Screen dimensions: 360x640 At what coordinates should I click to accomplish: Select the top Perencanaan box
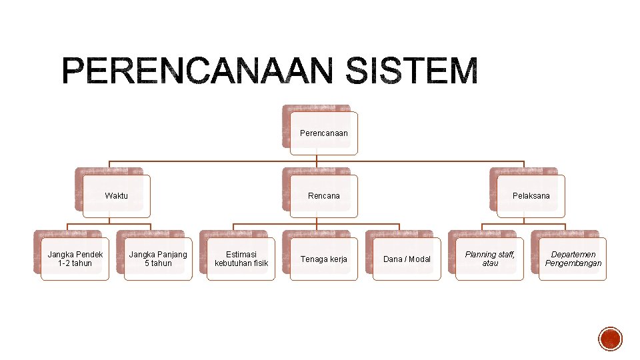pos(324,133)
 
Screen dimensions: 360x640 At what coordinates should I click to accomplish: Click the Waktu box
pos(116,196)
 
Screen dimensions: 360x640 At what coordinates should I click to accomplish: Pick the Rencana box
pos(324,196)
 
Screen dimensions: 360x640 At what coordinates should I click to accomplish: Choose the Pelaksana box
pos(531,196)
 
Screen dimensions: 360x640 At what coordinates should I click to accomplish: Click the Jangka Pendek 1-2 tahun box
pos(75,259)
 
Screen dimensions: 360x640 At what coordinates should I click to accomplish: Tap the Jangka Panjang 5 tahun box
pos(158,259)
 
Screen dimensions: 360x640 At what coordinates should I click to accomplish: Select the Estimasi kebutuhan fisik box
pos(241,259)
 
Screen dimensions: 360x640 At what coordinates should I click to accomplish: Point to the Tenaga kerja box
pos(324,259)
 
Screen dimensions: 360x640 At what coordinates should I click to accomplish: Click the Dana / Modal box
pos(407,259)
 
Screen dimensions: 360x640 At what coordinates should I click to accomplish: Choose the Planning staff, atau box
pos(490,259)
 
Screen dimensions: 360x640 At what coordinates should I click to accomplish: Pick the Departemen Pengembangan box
pos(573,259)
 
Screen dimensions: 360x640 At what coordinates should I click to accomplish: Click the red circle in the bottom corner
pos(611,339)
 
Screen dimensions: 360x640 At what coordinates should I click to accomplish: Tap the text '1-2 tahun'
pos(75,263)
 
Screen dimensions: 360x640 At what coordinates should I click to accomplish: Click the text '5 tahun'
pos(158,263)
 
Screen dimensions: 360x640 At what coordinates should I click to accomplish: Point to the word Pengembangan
pos(573,263)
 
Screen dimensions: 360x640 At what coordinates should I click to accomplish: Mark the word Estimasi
pos(241,255)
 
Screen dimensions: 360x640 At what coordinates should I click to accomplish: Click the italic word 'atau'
pos(490,263)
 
